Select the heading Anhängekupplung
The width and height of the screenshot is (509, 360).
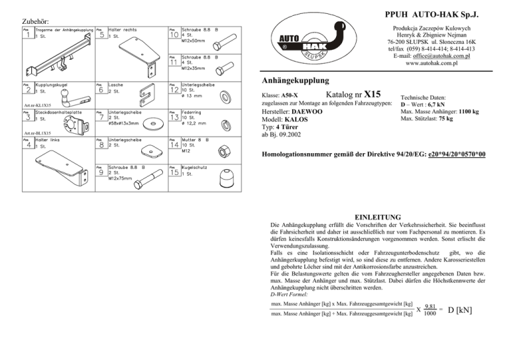click(x=292, y=81)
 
